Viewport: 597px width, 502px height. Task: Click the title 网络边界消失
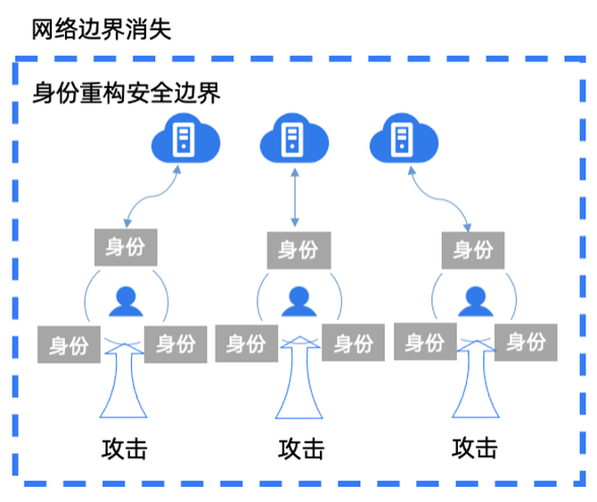[x=101, y=29]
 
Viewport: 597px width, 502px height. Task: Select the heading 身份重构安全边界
[x=126, y=93]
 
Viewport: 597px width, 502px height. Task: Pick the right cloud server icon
[x=403, y=139]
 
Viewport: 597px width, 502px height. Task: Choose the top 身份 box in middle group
[x=298, y=250]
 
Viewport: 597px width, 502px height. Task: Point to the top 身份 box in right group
[x=473, y=250]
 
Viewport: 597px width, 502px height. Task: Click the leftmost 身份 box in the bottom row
[x=69, y=344]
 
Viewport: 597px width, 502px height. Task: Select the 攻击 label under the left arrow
[x=124, y=448]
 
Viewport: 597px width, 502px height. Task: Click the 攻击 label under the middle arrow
[x=300, y=448]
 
